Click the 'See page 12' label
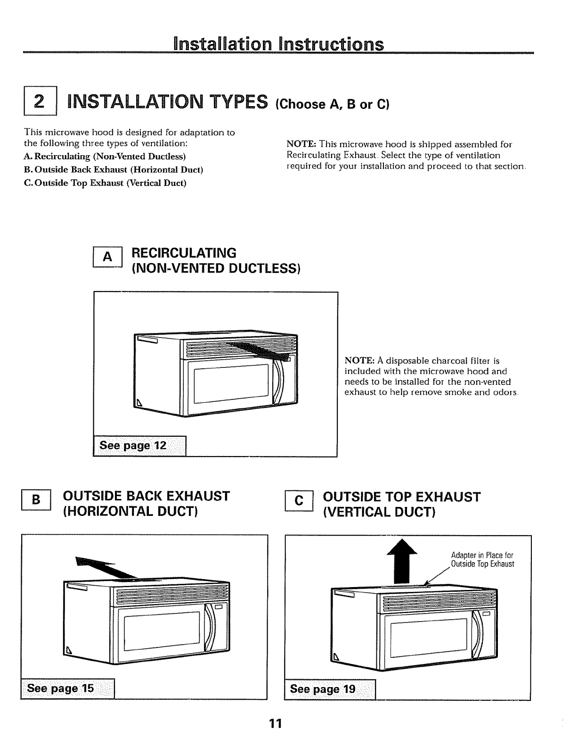coord(132,446)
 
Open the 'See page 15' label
coord(61,689)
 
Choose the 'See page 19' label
coord(323,689)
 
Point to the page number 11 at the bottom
coord(275,723)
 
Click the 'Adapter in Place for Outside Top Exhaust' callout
coord(482,559)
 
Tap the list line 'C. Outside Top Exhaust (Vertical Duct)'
coord(105,183)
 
